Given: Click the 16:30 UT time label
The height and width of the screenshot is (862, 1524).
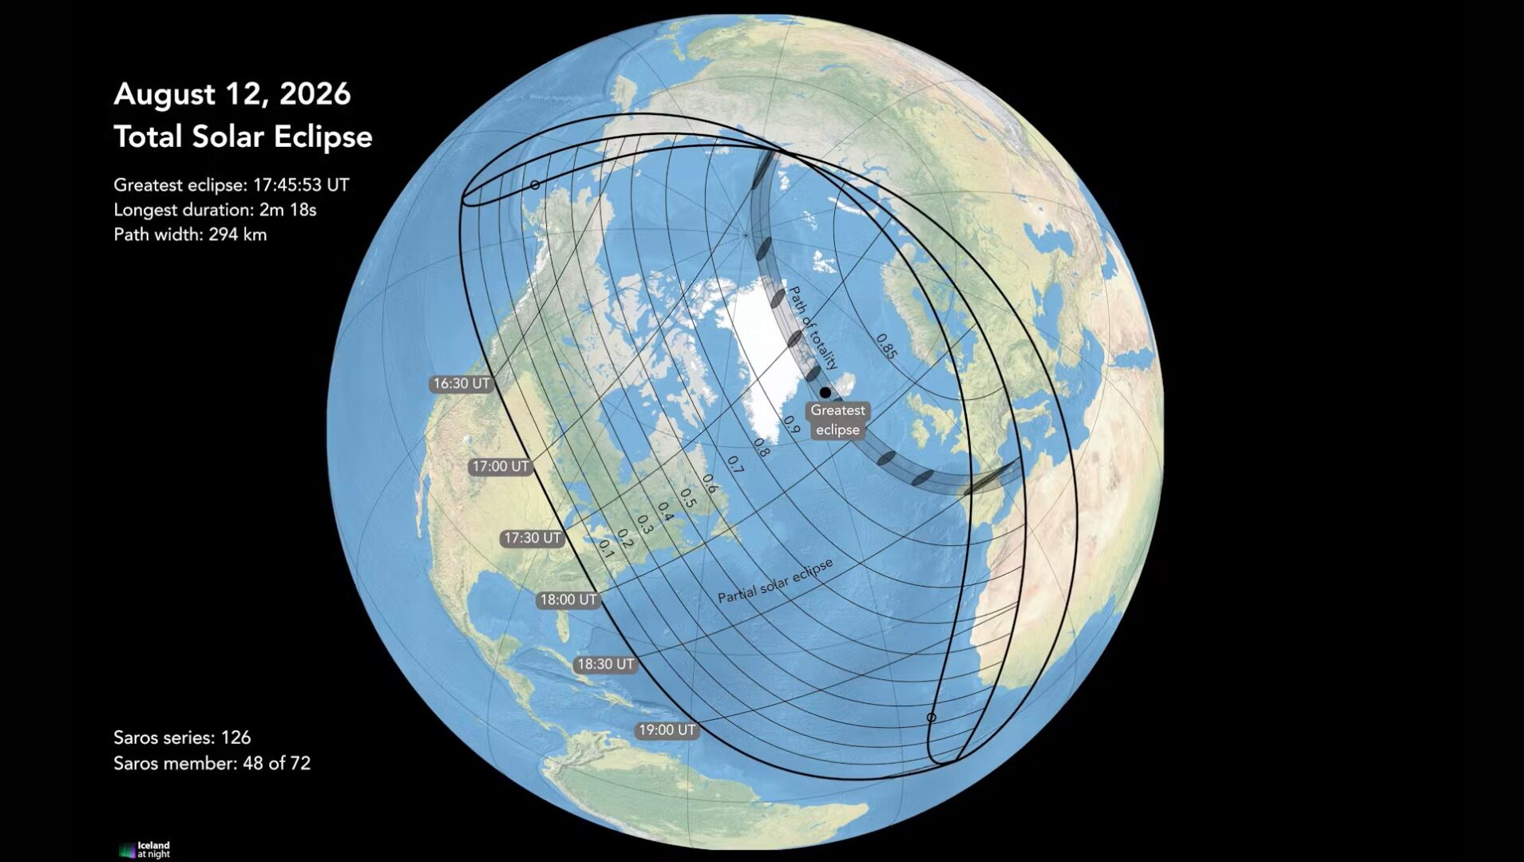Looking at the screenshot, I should pos(461,384).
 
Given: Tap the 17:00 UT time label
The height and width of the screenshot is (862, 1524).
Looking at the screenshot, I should pos(500,467).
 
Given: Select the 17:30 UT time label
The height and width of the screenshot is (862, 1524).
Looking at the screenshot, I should pos(532,539).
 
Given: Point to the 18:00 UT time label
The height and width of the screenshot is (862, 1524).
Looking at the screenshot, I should pos(568,599).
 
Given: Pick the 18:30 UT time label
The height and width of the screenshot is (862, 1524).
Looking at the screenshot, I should pos(605,664).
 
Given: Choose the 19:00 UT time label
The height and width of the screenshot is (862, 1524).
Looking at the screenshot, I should pos(667,730).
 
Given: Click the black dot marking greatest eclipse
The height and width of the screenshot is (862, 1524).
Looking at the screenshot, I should pos(825,393).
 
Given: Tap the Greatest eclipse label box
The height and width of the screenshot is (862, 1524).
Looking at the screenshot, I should pos(837,420).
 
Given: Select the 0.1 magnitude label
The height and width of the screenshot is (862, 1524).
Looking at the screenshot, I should pos(606,549).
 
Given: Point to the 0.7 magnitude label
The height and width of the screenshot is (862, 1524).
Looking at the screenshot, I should pos(734,465).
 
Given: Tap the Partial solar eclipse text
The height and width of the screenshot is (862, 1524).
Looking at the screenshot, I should pos(775,580).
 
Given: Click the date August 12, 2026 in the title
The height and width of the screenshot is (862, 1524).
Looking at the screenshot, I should pos(232,94).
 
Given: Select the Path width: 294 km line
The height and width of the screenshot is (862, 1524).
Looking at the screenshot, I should pos(190,235).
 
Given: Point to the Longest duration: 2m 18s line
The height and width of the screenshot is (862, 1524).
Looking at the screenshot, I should pos(215,210).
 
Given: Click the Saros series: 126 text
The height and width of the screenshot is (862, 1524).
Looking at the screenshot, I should pos(182,737).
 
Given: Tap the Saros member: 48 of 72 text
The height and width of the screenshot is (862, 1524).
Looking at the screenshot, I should pos(212,763).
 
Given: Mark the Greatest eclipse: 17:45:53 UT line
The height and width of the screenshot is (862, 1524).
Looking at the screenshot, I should pos(231,185).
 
